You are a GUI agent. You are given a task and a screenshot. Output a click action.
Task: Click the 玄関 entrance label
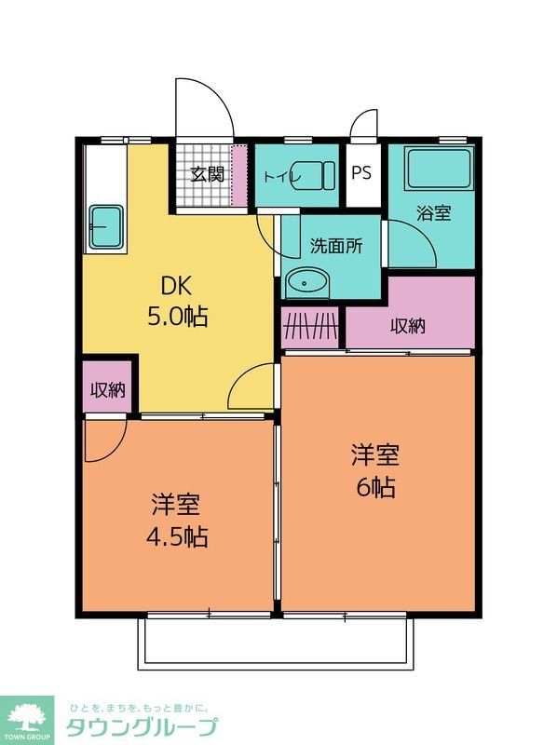click(208, 174)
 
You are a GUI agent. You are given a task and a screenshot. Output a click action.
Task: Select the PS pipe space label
click(362, 173)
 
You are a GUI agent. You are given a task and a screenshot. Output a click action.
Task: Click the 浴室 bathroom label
click(433, 212)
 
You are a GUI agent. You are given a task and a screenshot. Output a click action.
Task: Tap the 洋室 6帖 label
click(374, 471)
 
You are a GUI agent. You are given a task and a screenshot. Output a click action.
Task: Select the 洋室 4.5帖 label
click(176, 521)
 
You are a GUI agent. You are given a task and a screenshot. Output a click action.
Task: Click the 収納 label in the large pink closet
click(408, 326)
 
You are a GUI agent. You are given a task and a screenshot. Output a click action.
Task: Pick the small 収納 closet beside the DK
click(107, 390)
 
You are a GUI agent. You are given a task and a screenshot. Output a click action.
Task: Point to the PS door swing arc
click(364, 126)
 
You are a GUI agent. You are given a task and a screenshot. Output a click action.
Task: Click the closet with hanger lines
click(310, 328)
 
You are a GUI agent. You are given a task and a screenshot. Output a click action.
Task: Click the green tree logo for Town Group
click(28, 717)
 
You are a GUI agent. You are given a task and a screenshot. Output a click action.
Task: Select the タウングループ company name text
click(141, 727)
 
